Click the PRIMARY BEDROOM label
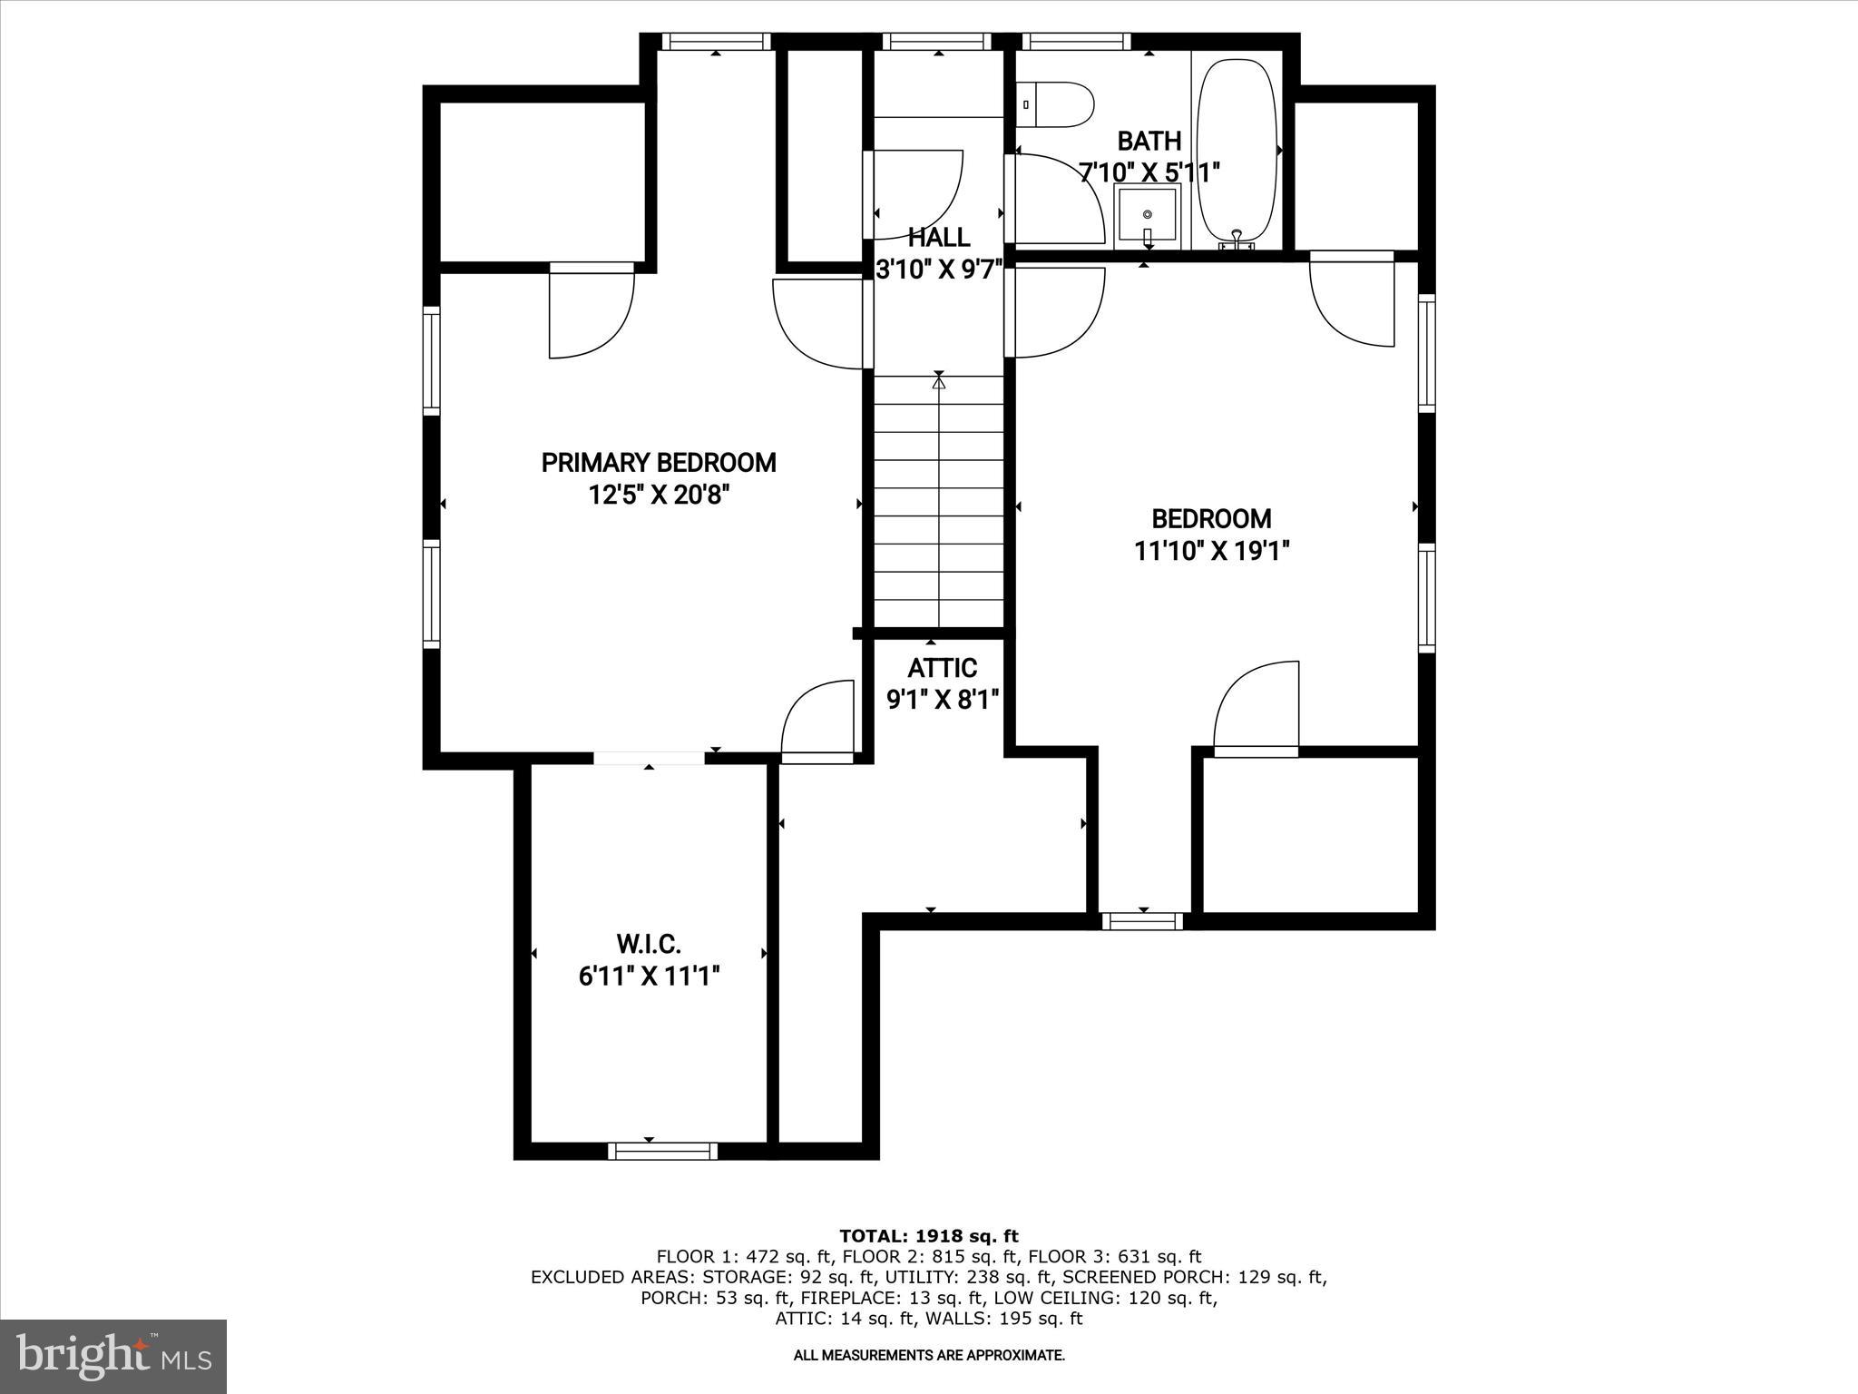pos(659,463)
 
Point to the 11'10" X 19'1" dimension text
pos(1212,551)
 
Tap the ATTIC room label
pos(943,668)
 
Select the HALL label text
pos(939,238)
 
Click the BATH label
pos(1149,142)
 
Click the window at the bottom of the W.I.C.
pos(662,1151)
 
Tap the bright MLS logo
pos(114,1356)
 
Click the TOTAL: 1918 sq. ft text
pos(929,1236)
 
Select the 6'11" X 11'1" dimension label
pos(650,977)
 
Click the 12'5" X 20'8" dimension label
pos(660,496)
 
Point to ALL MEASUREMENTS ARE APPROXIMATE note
pos(929,1356)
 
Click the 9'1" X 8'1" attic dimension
pos(943,700)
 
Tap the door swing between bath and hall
pos(1058,200)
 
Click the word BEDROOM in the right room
pos(1212,519)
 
